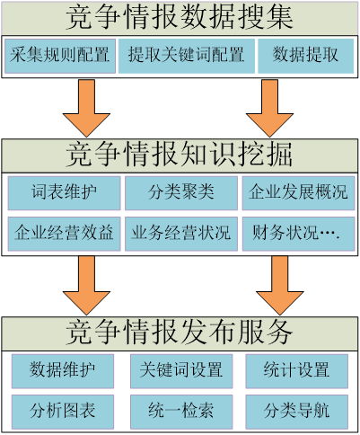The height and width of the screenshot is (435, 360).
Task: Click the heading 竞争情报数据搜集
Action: (x=180, y=17)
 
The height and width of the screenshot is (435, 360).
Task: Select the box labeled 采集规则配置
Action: (x=60, y=56)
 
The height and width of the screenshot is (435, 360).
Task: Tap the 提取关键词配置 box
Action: (x=187, y=56)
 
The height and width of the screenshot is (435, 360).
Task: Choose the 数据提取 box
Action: (x=305, y=56)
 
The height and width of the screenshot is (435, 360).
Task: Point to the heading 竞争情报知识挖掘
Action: (x=180, y=155)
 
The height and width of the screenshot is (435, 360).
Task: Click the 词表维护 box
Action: (x=64, y=193)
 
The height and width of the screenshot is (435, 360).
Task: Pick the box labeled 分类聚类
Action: (x=181, y=193)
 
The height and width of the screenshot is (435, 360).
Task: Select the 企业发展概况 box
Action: (x=298, y=193)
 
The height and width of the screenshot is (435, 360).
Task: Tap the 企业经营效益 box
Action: (x=64, y=234)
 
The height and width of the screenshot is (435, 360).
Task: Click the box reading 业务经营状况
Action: (x=181, y=234)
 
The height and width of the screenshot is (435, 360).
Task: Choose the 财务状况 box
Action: (x=298, y=234)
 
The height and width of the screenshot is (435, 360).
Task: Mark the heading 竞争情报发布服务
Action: (x=180, y=333)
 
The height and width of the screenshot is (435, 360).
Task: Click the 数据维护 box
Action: (x=63, y=371)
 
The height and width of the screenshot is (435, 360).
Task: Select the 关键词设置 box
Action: (x=181, y=371)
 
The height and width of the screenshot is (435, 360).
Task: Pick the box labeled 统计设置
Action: (x=297, y=371)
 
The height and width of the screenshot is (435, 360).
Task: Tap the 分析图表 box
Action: (x=63, y=412)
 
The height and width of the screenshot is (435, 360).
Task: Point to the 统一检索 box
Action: (x=181, y=412)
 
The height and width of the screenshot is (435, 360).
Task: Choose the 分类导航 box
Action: (x=297, y=412)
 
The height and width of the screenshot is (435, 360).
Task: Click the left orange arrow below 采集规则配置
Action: (x=86, y=108)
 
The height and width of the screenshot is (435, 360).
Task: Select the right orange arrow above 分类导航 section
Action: (x=280, y=285)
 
